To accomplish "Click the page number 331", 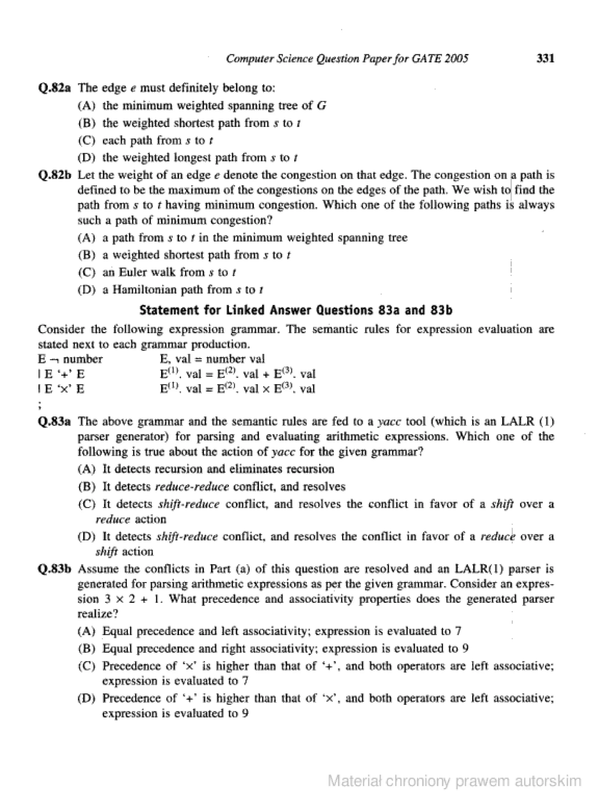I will [545, 58].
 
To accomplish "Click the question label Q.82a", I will [54, 88].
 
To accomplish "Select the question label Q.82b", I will [54, 175].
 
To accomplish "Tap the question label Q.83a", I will [54, 422].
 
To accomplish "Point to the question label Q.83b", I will [54, 569].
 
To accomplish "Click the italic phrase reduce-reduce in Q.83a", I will [192, 487].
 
